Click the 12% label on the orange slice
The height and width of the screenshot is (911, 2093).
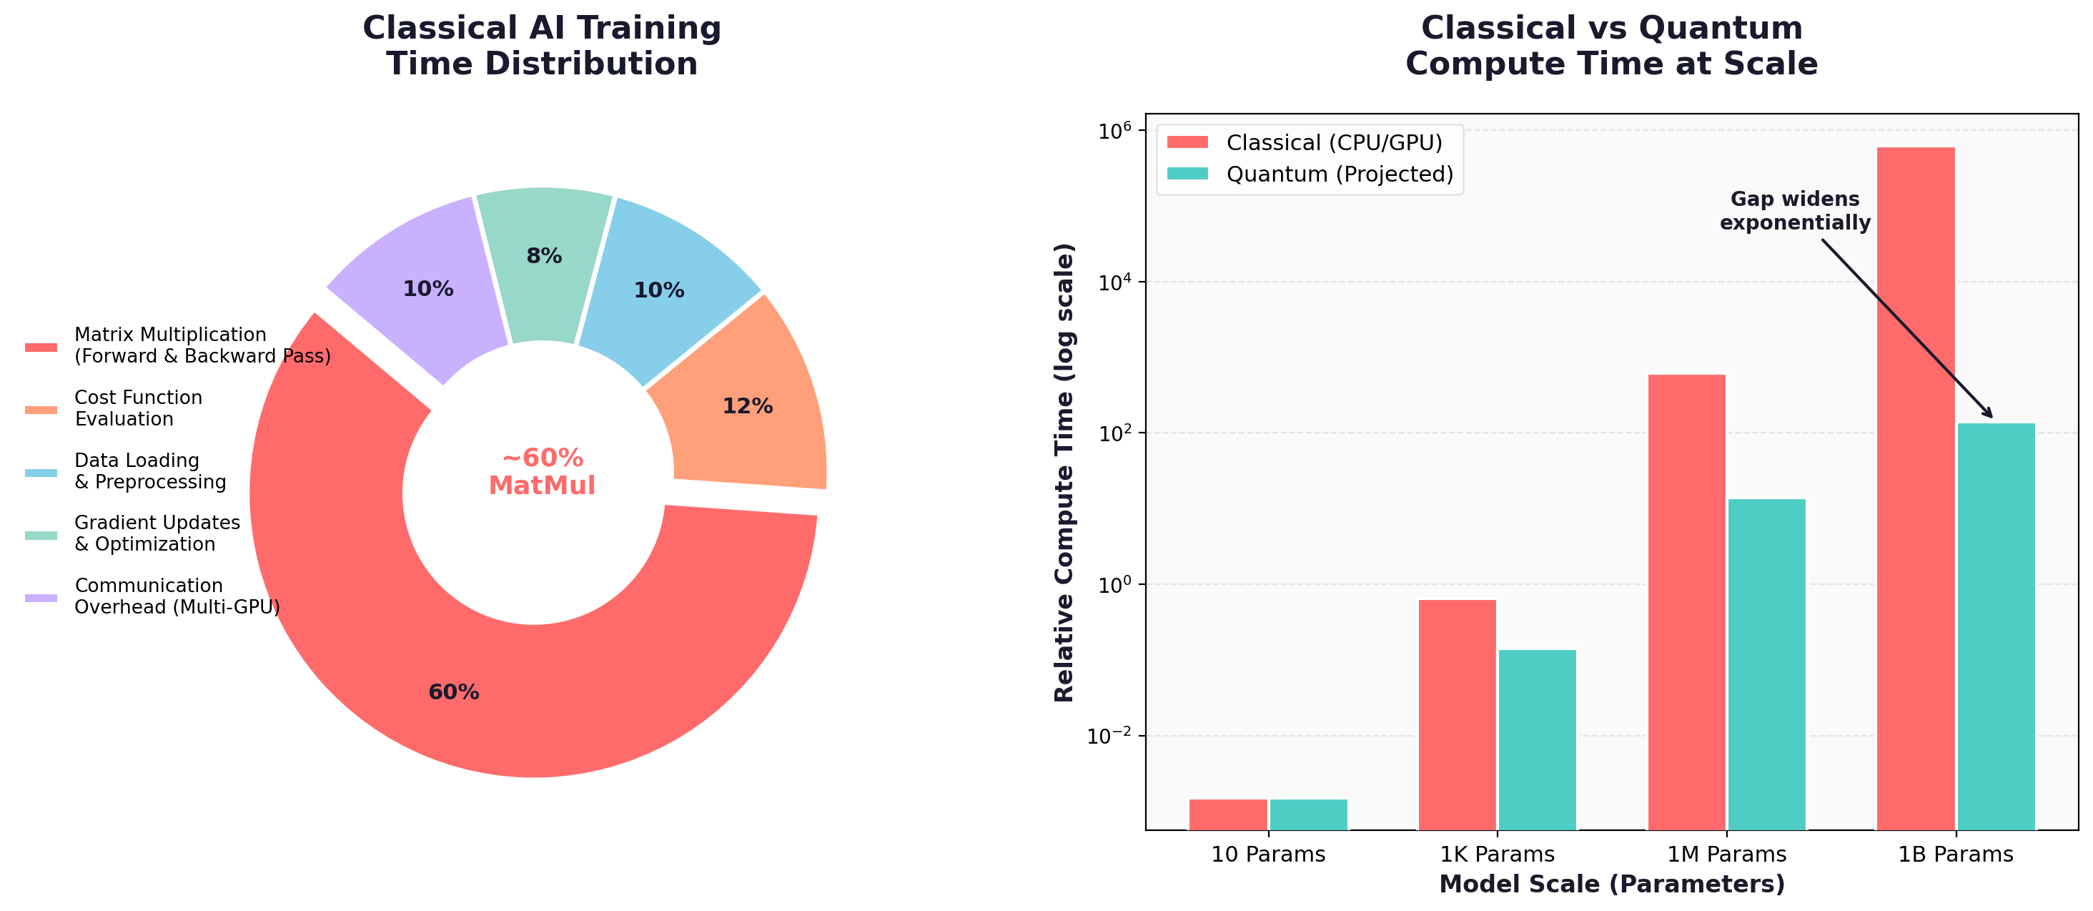point(747,406)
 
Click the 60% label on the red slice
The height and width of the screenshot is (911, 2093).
point(453,692)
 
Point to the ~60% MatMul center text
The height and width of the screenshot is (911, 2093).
point(542,471)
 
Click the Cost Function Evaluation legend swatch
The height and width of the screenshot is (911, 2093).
point(41,410)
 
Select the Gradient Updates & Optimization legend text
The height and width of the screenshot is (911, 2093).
point(157,533)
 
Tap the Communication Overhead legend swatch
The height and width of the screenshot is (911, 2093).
point(41,597)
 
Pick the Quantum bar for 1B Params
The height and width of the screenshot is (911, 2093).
point(1996,626)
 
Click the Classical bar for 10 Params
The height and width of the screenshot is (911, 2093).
point(1227,814)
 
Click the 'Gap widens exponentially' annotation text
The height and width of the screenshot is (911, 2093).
point(1795,210)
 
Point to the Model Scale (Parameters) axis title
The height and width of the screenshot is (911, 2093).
point(1611,884)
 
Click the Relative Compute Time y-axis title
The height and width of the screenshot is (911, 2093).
point(1064,471)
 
